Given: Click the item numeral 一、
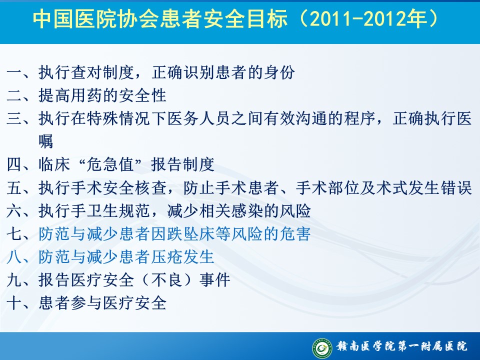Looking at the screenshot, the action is [18, 73].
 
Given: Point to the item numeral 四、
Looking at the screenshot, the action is [18, 164].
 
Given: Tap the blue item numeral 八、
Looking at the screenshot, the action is [18, 257].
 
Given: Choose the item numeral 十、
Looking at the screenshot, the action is [18, 303].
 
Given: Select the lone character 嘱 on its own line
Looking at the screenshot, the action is [46, 141].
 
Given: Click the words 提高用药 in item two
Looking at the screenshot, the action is [70, 95].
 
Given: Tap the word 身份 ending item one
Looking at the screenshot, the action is [279, 73].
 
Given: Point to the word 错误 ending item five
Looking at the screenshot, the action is [456, 187].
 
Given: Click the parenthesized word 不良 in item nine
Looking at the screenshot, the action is [166, 280].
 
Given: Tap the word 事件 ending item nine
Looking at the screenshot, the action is [214, 280].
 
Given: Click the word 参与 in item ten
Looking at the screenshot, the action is [86, 303].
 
